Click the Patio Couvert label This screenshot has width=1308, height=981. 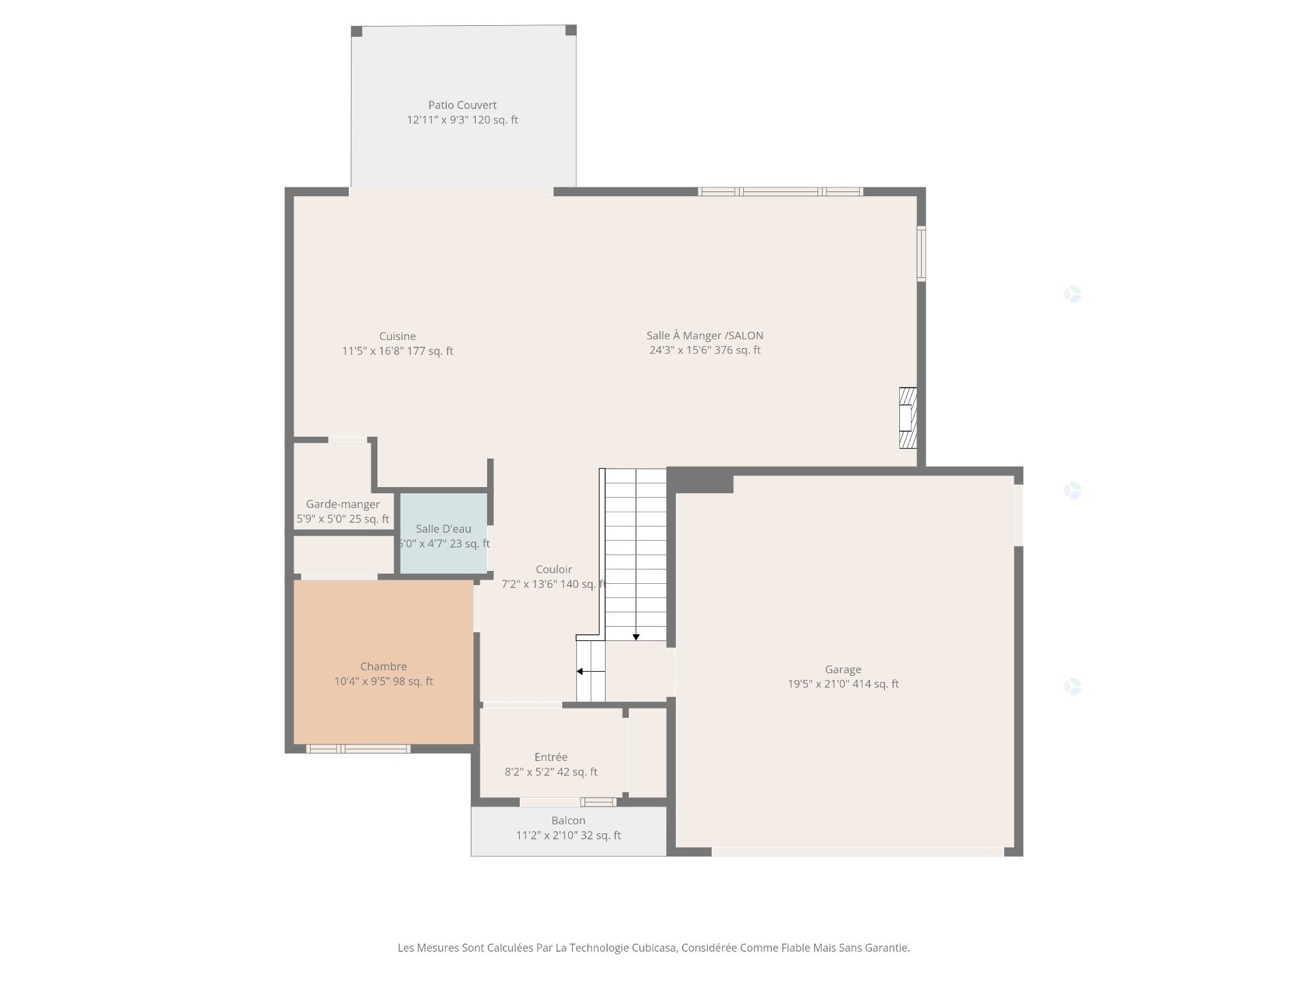(462, 105)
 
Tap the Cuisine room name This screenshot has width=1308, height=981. (397, 336)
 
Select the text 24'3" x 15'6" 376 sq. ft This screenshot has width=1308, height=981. (704, 350)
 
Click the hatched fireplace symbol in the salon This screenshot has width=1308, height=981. (907, 418)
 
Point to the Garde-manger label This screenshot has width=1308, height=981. (343, 504)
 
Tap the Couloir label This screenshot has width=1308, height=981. (553, 570)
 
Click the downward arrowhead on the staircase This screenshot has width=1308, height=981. (636, 638)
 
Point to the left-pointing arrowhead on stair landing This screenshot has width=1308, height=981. (580, 672)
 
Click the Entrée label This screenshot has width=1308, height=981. (550, 757)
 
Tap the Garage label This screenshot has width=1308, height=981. (843, 670)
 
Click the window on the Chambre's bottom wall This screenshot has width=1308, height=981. (358, 749)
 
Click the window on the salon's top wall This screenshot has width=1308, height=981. (781, 192)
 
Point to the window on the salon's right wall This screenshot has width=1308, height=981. (921, 253)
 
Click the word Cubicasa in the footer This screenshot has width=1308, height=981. (653, 948)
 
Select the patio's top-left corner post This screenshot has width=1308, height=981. (356, 31)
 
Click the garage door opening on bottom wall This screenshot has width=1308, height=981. (857, 852)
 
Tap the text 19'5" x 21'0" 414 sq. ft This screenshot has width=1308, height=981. (843, 684)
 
